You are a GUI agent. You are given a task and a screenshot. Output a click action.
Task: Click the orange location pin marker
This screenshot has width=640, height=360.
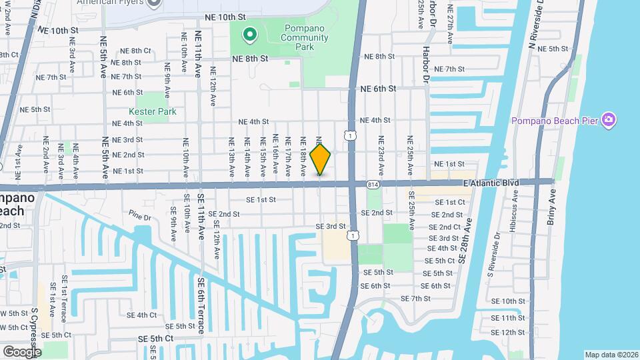click(321, 159)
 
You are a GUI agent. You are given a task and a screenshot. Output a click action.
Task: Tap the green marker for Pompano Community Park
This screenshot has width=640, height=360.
click(250, 33)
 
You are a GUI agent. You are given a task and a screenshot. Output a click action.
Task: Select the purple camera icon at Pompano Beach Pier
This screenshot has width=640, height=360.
click(608, 120)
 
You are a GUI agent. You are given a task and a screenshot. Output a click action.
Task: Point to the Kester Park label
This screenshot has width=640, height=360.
click(153, 111)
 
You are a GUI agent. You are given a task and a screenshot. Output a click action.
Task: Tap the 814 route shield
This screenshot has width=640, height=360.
click(372, 183)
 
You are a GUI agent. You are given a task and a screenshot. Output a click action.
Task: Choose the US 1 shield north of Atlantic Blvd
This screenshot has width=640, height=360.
click(351, 135)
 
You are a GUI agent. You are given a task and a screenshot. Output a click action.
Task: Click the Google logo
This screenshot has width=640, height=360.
click(22, 351)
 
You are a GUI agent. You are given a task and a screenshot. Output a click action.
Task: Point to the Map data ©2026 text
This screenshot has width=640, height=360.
click(611, 355)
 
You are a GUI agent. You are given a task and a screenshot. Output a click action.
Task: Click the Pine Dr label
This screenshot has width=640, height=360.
click(141, 217)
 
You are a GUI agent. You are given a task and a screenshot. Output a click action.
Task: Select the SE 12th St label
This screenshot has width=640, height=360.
click(508, 332)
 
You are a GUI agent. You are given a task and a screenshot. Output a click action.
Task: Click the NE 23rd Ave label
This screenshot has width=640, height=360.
click(381, 152)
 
